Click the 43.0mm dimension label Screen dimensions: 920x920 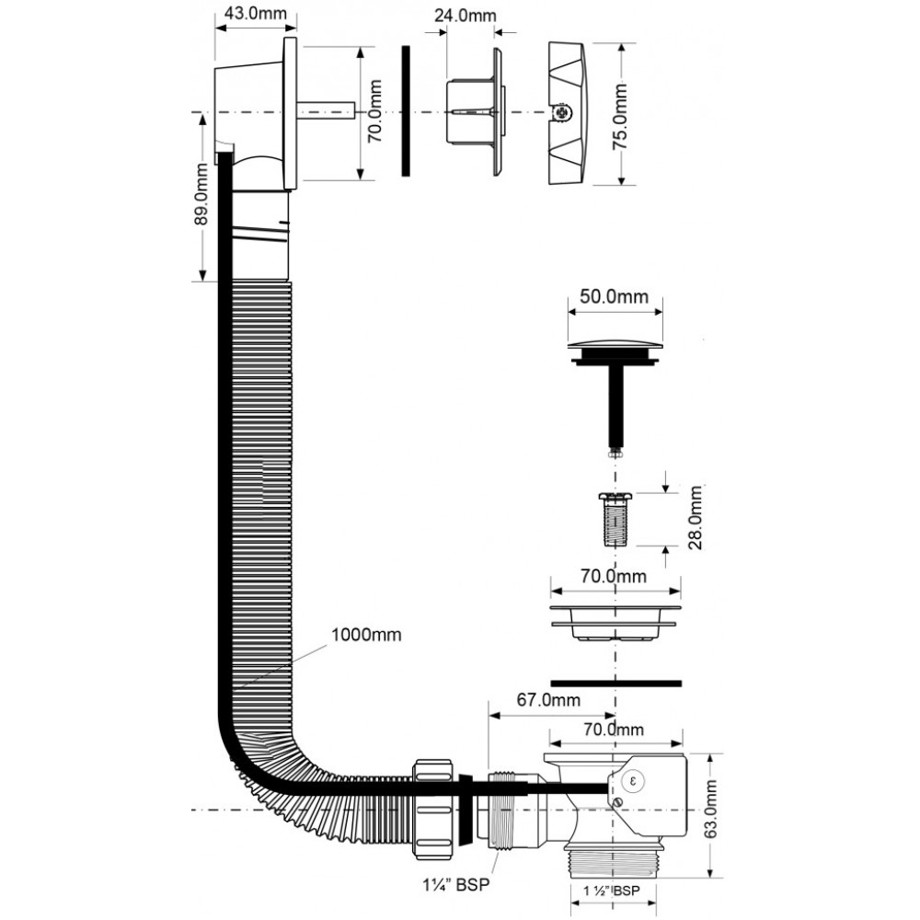[x=257, y=14]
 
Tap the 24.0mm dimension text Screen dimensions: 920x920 [x=466, y=16]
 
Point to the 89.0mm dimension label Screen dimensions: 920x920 [x=201, y=193]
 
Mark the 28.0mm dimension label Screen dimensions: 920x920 [x=696, y=517]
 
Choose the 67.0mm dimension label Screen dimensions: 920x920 [x=548, y=699]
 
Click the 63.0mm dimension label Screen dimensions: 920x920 [x=710, y=811]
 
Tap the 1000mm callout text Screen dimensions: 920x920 [x=366, y=635]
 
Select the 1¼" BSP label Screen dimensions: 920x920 [x=456, y=884]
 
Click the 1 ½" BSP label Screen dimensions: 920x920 [x=612, y=890]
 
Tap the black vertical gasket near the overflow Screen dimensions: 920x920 [x=406, y=110]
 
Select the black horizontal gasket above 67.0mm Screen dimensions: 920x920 [x=616, y=683]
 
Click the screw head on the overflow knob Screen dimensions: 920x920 [x=562, y=112]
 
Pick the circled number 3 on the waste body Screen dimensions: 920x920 [x=633, y=781]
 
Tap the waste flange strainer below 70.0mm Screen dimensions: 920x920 [x=615, y=622]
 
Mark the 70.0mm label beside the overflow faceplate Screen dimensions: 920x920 [x=375, y=111]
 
